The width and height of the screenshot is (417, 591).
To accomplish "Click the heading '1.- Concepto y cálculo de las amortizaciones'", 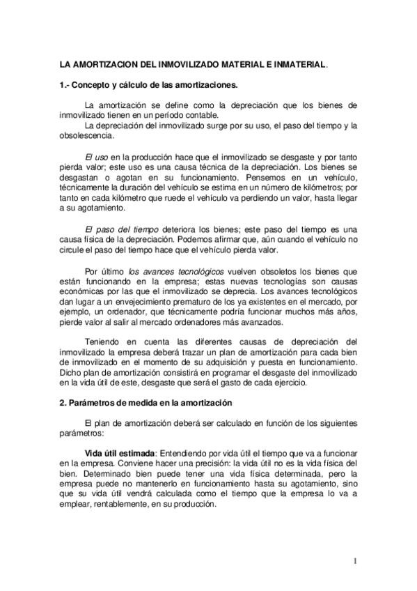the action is point(148,86).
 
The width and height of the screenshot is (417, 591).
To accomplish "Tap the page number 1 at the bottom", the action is point(354,560).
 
